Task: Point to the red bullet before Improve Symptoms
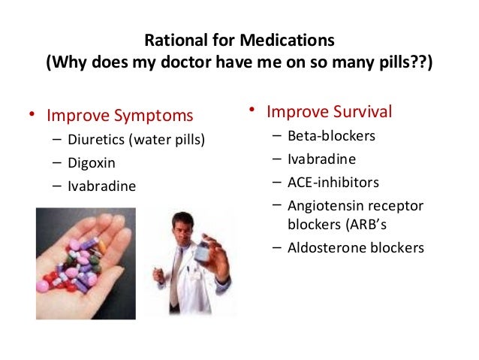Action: point(32,116)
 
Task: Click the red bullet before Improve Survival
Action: point(253,113)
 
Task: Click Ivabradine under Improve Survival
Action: point(321,159)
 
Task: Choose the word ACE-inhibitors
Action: point(333,182)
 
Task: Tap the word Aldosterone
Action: point(324,247)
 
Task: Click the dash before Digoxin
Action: point(58,162)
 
